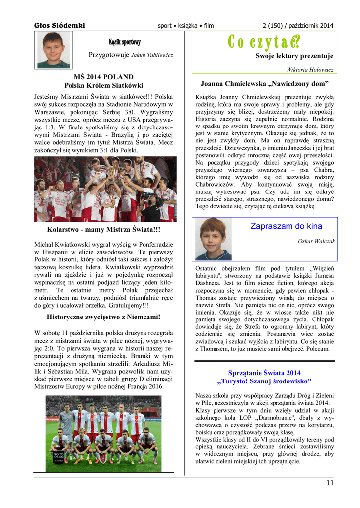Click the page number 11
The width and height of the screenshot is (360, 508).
click(330, 483)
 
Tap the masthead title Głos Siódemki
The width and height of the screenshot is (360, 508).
click(60, 25)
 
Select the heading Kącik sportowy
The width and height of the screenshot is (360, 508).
click(125, 42)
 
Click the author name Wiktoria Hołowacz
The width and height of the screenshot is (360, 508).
click(310, 70)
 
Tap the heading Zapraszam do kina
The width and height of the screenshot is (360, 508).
click(286, 226)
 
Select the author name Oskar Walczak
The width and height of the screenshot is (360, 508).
click(316, 241)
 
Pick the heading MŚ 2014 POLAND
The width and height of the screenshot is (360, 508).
click(103, 77)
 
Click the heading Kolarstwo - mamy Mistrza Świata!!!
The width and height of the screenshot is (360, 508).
click(103, 230)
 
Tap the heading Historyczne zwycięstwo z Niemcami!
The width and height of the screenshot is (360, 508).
click(103, 317)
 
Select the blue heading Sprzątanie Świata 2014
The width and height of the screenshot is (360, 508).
click(265, 373)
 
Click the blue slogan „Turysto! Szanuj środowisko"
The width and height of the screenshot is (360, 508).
click(265, 381)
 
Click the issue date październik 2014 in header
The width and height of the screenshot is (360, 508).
click(309, 25)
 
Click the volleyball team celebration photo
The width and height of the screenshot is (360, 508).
click(105, 189)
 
